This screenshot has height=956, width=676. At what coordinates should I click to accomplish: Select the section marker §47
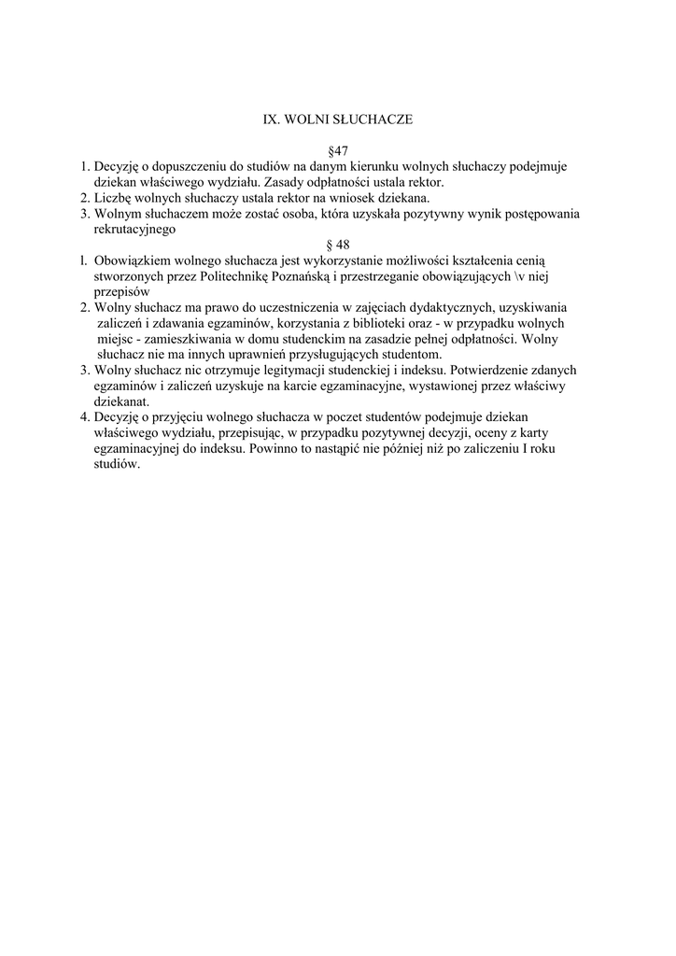(x=338, y=151)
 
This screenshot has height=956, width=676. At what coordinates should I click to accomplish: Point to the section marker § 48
(x=337, y=246)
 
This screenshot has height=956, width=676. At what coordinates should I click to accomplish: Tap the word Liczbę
(x=113, y=198)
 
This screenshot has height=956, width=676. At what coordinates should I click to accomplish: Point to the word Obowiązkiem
(x=131, y=261)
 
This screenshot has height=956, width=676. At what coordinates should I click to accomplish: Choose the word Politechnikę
(x=235, y=277)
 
